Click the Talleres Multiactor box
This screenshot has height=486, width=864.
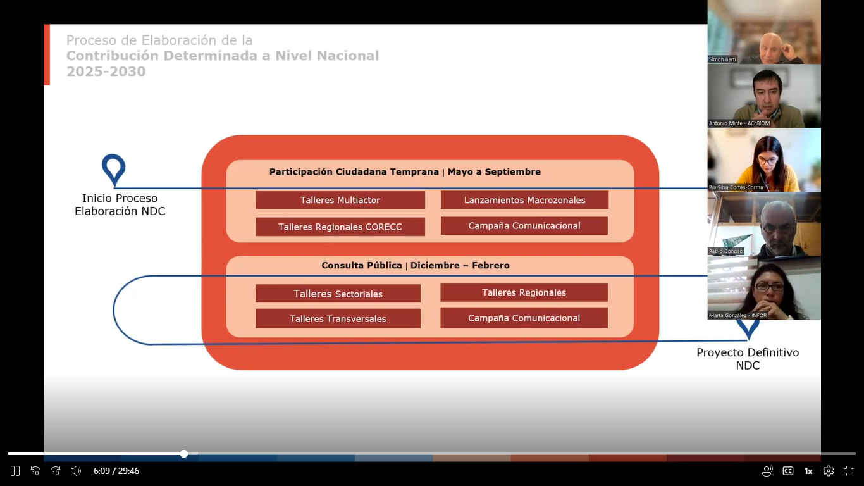[x=340, y=200]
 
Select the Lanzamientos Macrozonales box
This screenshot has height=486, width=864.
[x=524, y=200]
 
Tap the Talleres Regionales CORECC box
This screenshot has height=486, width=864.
[x=340, y=227]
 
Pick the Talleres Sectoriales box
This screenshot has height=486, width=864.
[x=338, y=294]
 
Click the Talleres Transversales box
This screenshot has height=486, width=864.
[x=338, y=318]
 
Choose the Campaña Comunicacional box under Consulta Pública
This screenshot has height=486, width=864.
[x=524, y=318]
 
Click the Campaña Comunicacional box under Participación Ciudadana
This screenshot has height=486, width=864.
[x=524, y=226]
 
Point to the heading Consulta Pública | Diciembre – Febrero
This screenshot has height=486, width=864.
[x=415, y=265]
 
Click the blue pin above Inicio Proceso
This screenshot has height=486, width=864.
[x=114, y=168]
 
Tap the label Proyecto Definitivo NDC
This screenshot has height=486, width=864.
[x=748, y=359]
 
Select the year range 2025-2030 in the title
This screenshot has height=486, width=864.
[x=106, y=72]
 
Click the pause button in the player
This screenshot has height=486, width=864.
[x=15, y=471]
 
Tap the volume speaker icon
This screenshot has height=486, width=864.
[x=76, y=471]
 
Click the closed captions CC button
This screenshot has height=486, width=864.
[x=788, y=471]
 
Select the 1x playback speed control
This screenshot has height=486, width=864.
[x=808, y=471]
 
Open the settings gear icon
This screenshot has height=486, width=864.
[x=829, y=471]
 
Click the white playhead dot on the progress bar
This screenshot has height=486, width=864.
[x=184, y=454]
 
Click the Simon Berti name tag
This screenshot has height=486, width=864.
[x=722, y=59]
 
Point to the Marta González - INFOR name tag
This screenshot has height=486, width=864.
[x=737, y=315]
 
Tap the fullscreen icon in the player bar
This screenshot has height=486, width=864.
[x=849, y=471]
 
